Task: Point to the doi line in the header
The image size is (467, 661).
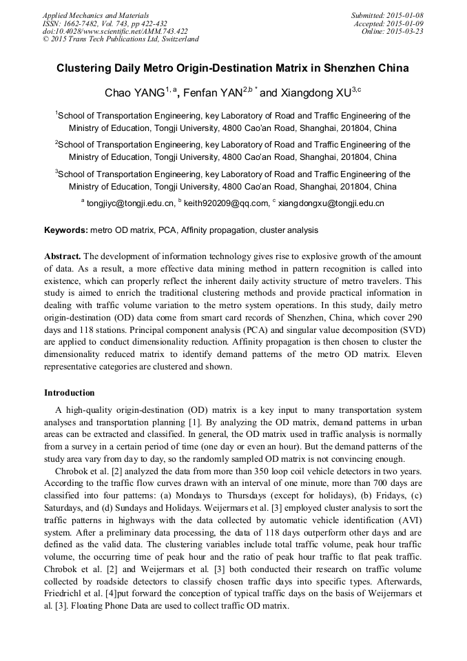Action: click(115, 31)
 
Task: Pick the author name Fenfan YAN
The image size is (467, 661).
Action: click(213, 93)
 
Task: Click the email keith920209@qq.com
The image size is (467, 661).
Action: click(226, 203)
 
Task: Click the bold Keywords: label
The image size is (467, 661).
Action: click(66, 230)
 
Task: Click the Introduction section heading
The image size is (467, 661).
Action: click(70, 393)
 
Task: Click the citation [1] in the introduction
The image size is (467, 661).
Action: click(196, 422)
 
